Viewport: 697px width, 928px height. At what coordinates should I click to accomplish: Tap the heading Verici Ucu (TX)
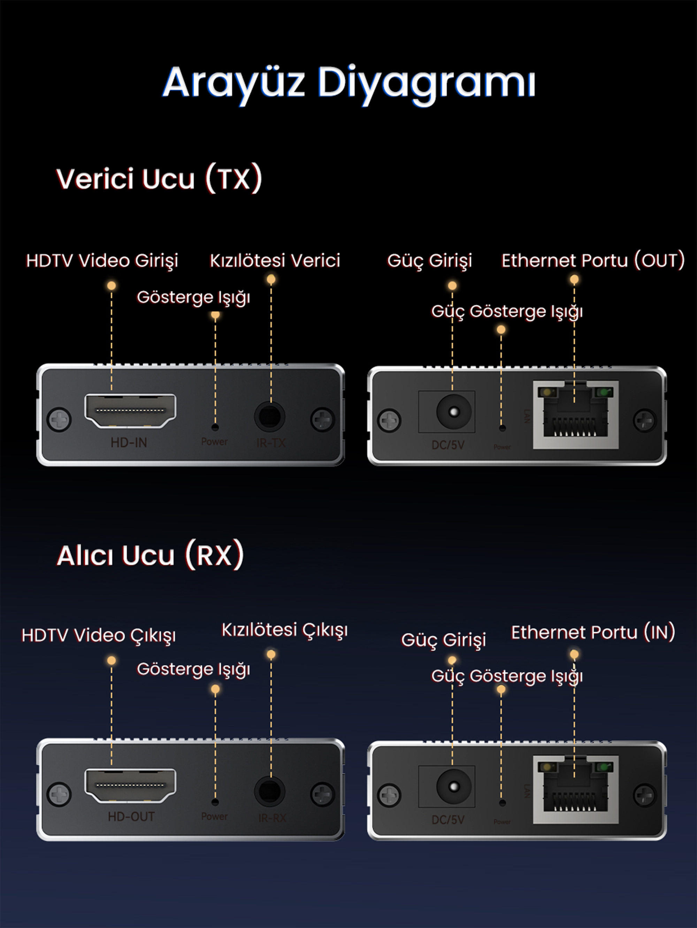point(159,179)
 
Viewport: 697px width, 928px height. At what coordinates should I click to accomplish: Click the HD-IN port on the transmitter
point(130,411)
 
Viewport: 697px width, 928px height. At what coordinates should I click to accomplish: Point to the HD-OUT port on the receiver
point(130,786)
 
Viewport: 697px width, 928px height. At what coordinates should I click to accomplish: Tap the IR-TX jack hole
point(269,417)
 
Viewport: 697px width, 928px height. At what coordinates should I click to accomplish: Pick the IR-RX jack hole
point(269,791)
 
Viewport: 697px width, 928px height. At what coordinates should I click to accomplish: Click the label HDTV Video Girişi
point(102,261)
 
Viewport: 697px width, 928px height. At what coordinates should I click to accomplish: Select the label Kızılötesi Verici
point(275,261)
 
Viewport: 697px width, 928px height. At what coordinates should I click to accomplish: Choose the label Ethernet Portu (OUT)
point(592,261)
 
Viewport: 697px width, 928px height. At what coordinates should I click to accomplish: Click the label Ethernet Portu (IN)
point(592,632)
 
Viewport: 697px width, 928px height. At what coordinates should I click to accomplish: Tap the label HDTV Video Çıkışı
point(99,635)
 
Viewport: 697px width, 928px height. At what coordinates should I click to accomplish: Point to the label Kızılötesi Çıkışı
point(284,630)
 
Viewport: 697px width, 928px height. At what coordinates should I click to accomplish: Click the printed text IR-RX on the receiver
point(272,817)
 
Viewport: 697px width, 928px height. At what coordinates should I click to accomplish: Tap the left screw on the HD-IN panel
point(59,419)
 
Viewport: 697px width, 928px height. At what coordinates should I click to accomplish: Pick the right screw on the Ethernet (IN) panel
point(644,794)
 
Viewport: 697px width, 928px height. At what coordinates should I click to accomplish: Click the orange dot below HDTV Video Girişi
point(111,286)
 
